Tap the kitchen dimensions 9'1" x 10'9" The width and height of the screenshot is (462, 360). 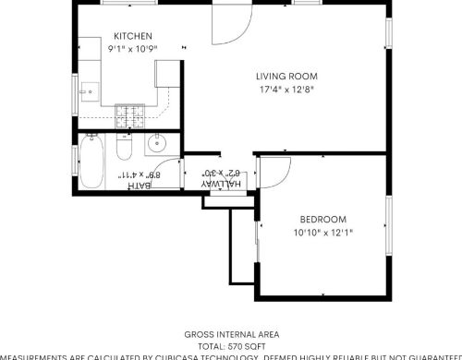133,48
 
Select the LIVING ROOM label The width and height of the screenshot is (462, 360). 286,77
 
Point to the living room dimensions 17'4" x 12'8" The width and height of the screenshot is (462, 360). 286,90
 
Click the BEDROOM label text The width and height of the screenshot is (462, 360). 323,220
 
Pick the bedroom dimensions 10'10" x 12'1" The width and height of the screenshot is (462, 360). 323,233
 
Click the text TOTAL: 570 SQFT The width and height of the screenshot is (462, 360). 231,344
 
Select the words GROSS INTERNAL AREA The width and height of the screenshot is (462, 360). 231,333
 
